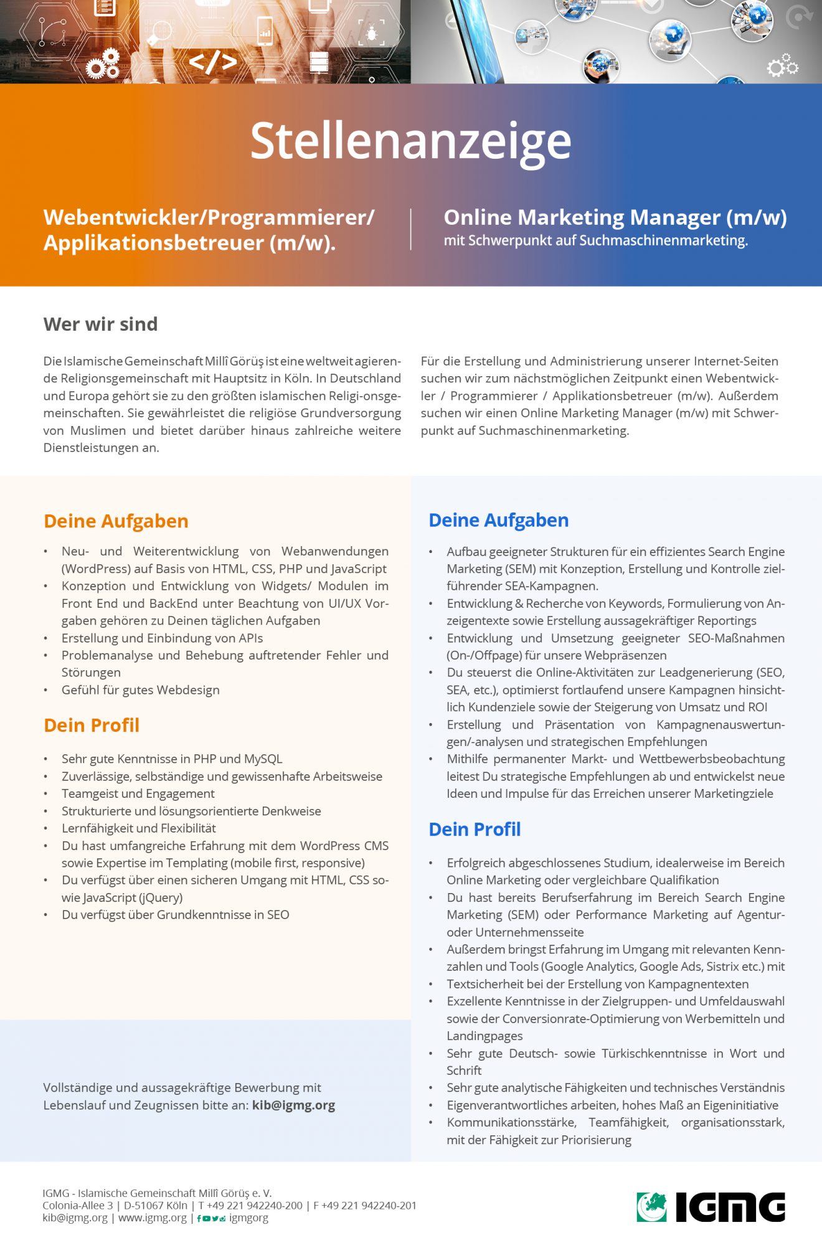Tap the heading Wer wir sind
(x=100, y=324)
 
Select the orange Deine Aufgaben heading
(x=116, y=521)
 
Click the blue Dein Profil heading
(x=475, y=830)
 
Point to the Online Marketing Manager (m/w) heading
(x=615, y=217)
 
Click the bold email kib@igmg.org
(x=293, y=1105)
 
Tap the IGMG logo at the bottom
(x=711, y=1207)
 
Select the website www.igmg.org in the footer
(x=152, y=1218)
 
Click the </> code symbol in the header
(x=212, y=62)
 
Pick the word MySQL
(x=263, y=759)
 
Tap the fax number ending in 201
(x=364, y=1206)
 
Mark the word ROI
(x=757, y=707)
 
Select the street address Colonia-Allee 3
(x=77, y=1206)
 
